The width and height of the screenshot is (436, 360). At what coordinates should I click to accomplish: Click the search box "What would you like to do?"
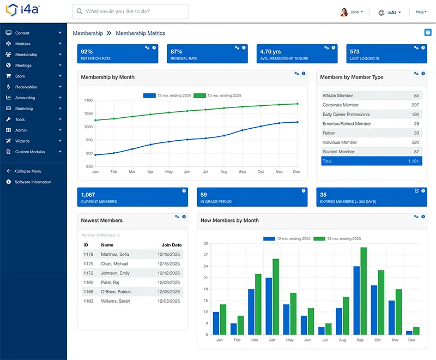click(x=131, y=11)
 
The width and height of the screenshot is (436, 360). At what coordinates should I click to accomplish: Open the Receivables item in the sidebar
click(x=26, y=87)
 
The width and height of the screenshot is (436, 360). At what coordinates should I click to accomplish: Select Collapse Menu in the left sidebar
click(x=28, y=171)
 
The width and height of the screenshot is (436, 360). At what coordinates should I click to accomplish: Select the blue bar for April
click(x=269, y=305)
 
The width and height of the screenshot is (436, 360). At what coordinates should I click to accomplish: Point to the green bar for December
click(x=416, y=331)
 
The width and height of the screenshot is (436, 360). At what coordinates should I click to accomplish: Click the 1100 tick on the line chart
click(x=88, y=100)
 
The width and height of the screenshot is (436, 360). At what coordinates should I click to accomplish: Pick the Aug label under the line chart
click(x=224, y=172)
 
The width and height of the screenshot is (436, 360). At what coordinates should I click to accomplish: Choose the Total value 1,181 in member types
click(x=414, y=161)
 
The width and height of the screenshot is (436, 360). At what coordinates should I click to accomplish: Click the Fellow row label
click(x=329, y=133)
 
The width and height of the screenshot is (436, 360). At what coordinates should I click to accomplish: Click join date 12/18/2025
click(x=169, y=255)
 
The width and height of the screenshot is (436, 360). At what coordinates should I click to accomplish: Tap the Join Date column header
click(x=171, y=245)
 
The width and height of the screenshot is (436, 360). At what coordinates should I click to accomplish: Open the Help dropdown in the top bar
click(x=421, y=12)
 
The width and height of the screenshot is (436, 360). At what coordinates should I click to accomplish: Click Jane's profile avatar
click(x=344, y=12)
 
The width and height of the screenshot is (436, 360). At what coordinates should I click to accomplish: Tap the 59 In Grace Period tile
click(x=246, y=197)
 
